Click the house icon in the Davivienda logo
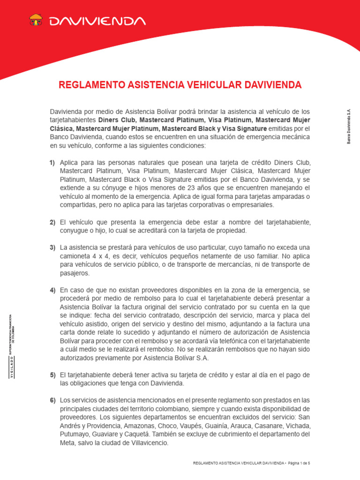tap(36, 21)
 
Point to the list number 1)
tap(52, 162)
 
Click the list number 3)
tap(52, 247)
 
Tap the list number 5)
tap(52, 375)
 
